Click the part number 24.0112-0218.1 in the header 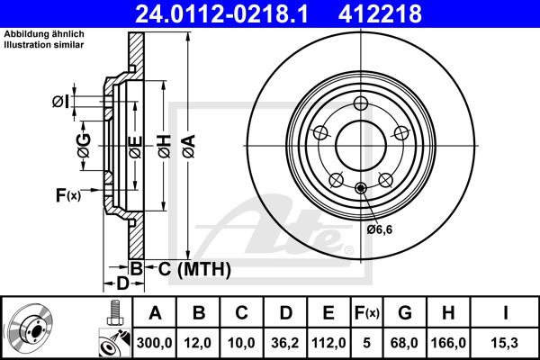[231, 13]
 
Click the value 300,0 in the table [155, 343]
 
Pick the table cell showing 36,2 [286, 343]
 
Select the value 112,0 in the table [328, 343]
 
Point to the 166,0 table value [448, 343]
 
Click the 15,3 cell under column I [506, 343]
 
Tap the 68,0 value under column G [404, 343]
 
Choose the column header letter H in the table [448, 313]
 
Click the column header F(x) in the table [366, 313]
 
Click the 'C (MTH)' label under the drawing [194, 268]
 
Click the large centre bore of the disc [360, 144]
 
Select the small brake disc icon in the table [31, 326]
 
